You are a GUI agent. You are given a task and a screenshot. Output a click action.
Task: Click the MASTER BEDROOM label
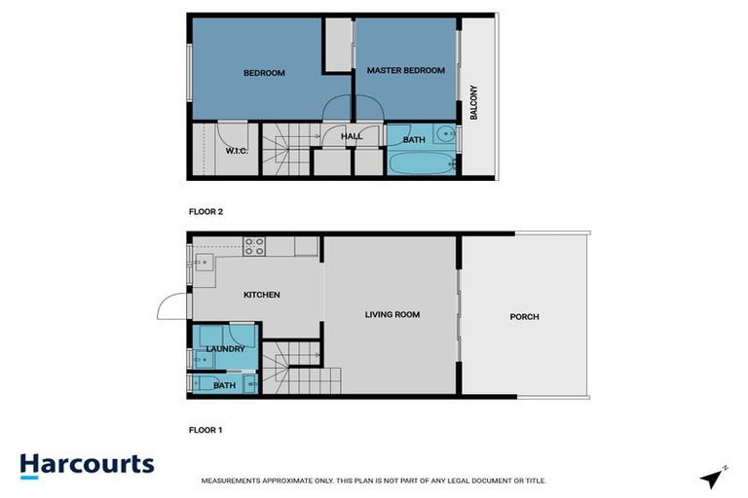pos(405,71)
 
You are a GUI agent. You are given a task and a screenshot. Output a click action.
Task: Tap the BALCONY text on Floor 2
pos(474,102)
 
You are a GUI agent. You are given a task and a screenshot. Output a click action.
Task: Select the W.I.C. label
pos(237,151)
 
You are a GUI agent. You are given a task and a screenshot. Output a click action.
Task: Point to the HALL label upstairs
pos(352,137)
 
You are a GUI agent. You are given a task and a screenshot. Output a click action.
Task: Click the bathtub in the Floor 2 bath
pos(422,162)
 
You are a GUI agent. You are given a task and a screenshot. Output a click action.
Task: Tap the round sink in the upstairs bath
pos(442,135)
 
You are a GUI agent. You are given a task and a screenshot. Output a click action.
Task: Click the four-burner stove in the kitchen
pos(254,246)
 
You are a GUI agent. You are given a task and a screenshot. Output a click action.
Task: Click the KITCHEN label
pos(261,295)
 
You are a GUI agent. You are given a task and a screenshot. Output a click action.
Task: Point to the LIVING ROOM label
pos(392,314)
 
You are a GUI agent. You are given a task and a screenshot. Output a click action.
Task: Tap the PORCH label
pos(523,317)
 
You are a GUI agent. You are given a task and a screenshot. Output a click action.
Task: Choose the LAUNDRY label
pos(225,348)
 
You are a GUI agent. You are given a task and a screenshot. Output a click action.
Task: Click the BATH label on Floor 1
pos(224,386)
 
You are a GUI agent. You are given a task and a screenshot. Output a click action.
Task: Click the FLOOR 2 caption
pos(206,211)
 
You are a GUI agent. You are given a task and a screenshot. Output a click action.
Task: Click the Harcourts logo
pos(87,465)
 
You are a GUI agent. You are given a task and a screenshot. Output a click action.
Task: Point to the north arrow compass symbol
pos(713,478)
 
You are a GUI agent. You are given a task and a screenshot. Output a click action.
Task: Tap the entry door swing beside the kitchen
pos(171,307)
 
